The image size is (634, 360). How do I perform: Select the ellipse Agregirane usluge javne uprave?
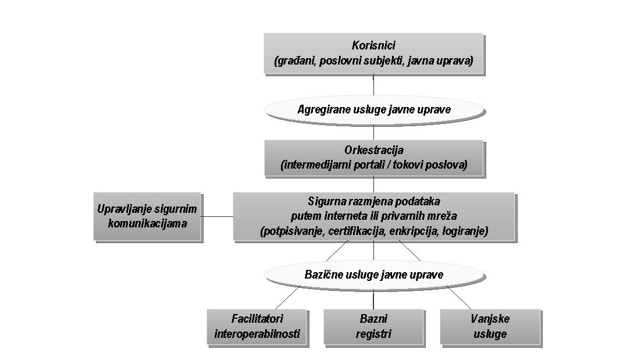pos(373,109)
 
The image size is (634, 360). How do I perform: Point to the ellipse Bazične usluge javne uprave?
pos(373,275)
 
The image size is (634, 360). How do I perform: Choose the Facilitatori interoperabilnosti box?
pos(257,326)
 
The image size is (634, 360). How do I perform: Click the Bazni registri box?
pos(373,326)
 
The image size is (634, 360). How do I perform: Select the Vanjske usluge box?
pos(490,326)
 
